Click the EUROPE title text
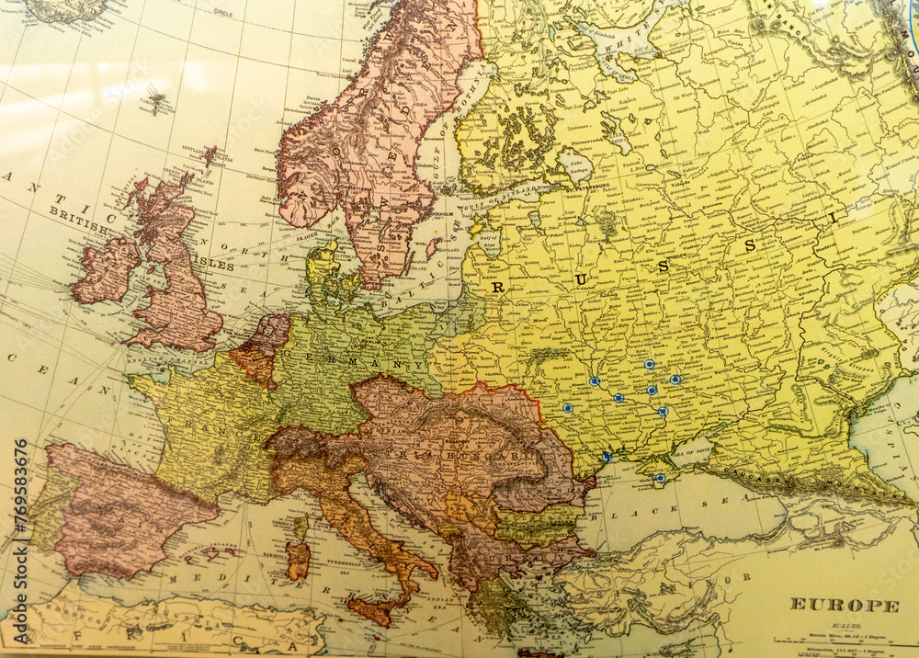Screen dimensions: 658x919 [x=845, y=605]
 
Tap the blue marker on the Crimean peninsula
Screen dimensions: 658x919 [x=660, y=478]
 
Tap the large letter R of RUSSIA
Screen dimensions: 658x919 [x=498, y=287]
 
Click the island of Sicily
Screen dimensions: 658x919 [x=371, y=609]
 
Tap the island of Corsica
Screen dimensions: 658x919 [x=301, y=527]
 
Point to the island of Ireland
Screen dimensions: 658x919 [x=105, y=270]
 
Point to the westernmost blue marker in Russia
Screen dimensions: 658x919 [x=567, y=407]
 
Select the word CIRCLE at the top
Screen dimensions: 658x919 [x=222, y=14]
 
